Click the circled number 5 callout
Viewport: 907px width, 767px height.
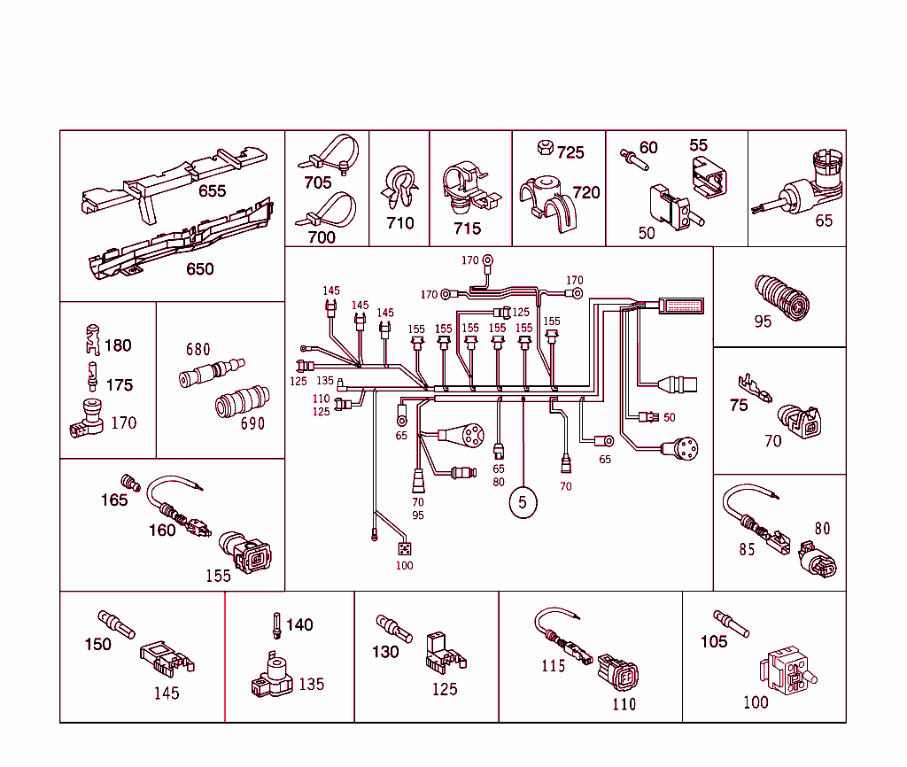pos(523,502)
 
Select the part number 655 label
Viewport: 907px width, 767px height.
pos(212,190)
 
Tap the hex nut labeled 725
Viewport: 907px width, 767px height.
pos(546,147)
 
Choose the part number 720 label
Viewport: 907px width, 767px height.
pos(585,192)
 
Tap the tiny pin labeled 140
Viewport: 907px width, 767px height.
pos(276,626)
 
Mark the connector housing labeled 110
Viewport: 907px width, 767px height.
pos(617,674)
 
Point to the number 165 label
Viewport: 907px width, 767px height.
pos(114,500)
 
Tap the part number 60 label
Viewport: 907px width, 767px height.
pos(648,147)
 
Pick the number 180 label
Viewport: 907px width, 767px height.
pos(118,345)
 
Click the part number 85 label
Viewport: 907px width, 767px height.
pos(747,550)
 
